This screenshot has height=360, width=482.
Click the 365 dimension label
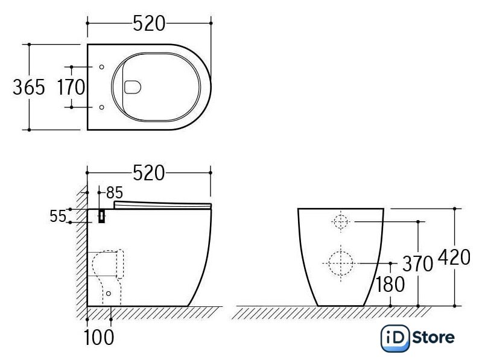tap(29, 87)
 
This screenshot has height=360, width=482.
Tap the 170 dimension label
tap(71, 87)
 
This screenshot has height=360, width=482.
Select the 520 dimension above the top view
tap(149, 24)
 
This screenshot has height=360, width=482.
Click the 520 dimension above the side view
tap(149, 173)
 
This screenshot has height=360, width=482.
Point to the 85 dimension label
tap(115, 193)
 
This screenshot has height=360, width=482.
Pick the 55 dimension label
tap(58, 216)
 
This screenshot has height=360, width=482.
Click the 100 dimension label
tap(99, 338)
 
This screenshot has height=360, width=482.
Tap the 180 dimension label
tap(390, 285)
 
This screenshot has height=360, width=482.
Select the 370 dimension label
tap(417, 264)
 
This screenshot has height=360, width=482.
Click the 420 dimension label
tap(454, 257)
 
